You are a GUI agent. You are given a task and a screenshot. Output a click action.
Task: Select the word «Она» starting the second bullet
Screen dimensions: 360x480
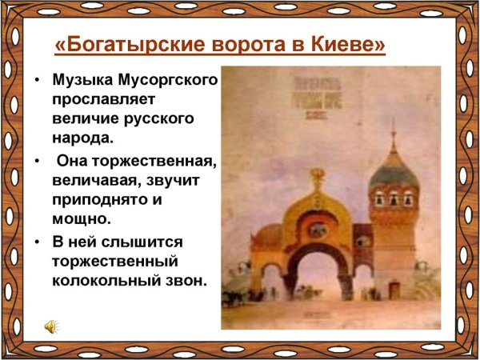(x=74, y=162)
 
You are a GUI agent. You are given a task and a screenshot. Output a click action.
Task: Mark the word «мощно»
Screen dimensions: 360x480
(x=78, y=218)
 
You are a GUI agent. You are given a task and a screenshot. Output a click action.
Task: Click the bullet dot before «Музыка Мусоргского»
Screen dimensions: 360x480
(x=37, y=82)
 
